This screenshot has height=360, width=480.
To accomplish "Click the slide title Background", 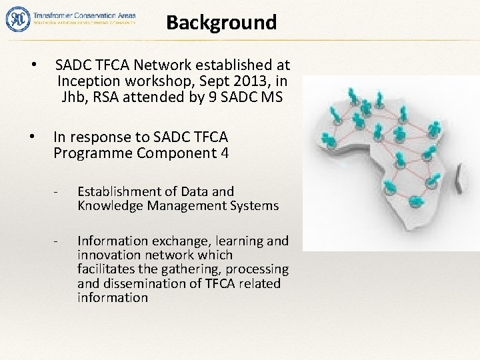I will tap(221, 23).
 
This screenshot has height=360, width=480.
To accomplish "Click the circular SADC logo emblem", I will tap(16, 18).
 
